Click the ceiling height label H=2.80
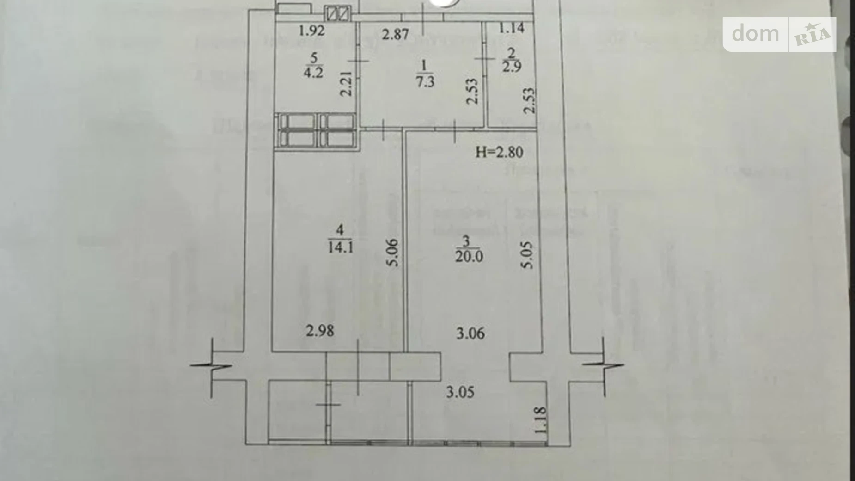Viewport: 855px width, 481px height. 499,152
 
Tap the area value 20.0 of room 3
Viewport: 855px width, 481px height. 469,256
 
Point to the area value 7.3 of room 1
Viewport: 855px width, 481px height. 425,82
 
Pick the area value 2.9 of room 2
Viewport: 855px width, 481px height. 512,67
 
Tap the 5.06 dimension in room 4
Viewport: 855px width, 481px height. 392,253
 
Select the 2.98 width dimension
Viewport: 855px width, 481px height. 320,331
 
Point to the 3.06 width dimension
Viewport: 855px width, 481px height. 470,333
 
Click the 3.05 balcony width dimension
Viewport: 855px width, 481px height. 460,392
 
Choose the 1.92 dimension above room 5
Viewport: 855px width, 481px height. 311,31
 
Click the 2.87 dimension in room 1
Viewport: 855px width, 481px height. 395,34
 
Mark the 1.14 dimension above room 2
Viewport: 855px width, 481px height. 511,28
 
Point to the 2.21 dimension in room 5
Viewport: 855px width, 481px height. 346,83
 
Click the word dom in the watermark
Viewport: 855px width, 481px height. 755,33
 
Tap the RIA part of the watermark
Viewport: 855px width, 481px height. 812,35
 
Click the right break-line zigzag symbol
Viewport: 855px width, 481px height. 604,365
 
